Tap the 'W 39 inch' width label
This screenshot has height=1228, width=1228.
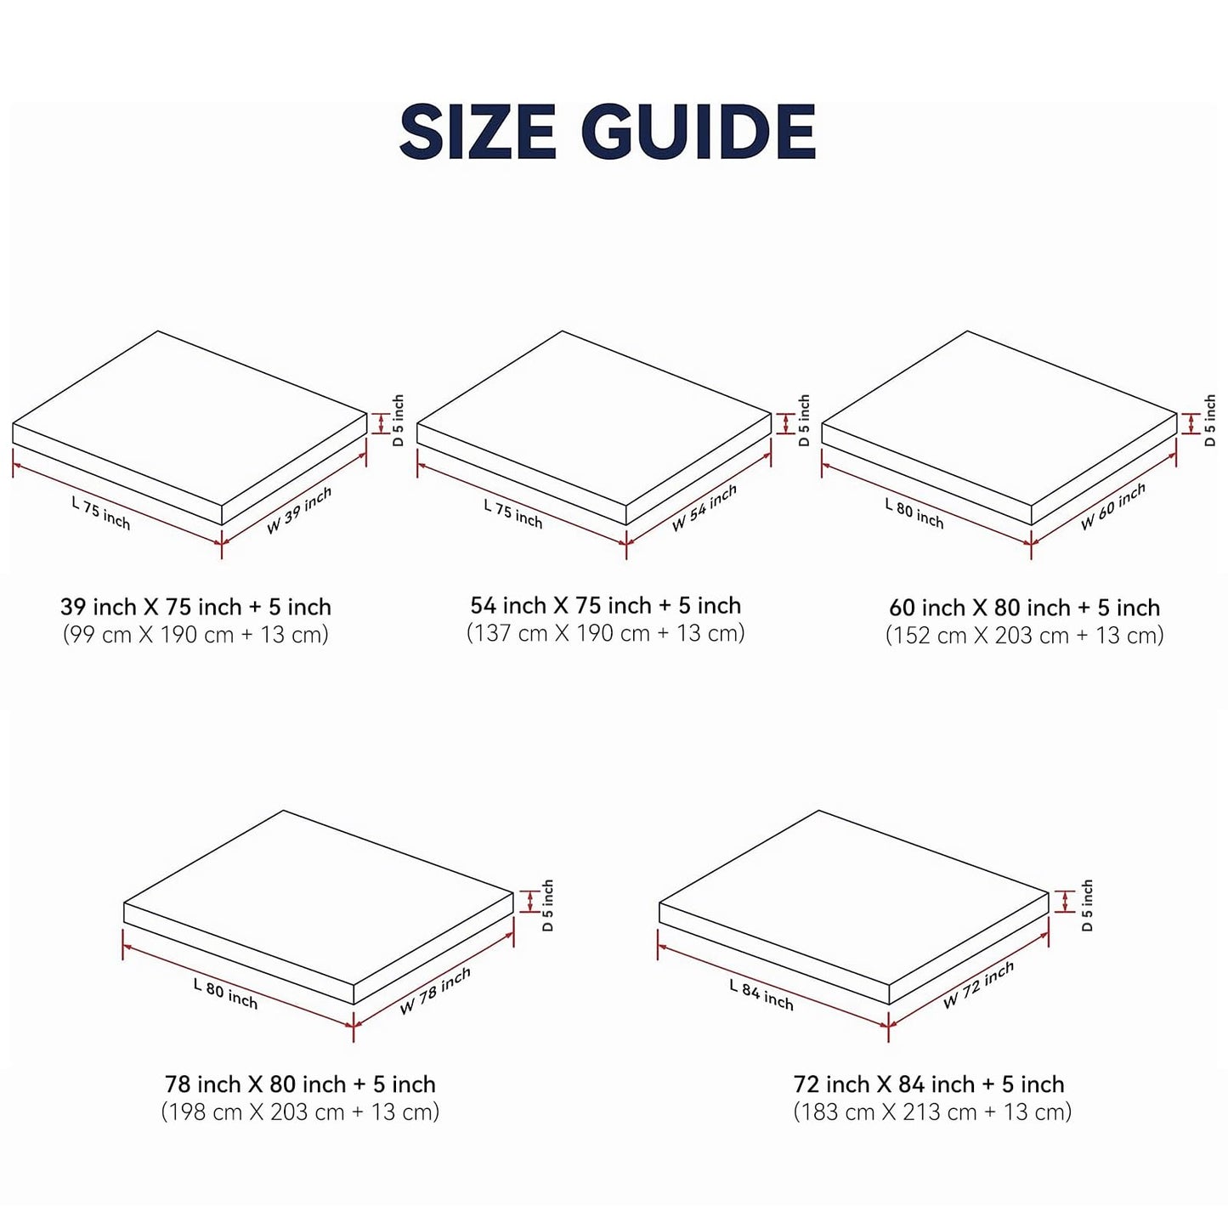(299, 510)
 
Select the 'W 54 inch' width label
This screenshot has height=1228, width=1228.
(705, 507)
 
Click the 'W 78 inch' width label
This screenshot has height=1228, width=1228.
(435, 991)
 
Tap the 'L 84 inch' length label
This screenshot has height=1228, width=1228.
(761, 995)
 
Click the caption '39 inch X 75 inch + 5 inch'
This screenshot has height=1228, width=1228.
(195, 607)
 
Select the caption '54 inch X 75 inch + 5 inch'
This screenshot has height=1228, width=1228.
(605, 605)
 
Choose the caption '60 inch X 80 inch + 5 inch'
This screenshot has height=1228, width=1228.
(1024, 608)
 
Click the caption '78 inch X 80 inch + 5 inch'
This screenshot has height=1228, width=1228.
(300, 1084)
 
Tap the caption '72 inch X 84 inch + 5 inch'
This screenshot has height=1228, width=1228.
(929, 1084)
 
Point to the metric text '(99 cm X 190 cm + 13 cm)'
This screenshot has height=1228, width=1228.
(195, 635)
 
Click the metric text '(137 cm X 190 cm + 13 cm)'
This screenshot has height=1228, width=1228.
(605, 633)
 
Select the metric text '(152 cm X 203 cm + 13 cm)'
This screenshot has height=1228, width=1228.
(1024, 636)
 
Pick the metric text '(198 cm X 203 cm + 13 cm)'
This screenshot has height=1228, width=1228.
(300, 1112)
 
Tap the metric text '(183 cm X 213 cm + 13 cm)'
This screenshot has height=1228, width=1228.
(932, 1112)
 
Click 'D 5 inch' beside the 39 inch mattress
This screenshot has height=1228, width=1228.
(399, 420)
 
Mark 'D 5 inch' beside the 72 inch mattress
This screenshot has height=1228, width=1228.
(1087, 905)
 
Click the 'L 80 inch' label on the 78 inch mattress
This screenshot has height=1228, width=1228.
(225, 994)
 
